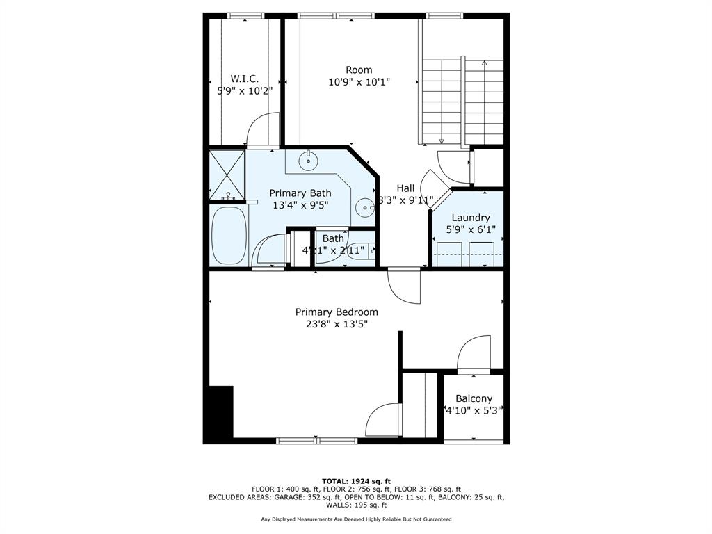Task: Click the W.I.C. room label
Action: (x=245, y=79)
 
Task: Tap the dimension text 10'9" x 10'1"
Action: (x=359, y=82)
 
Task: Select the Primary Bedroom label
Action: (x=337, y=312)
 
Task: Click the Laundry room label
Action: (x=471, y=218)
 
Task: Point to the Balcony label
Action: (x=474, y=398)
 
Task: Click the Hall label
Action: (x=405, y=188)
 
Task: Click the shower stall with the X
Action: (x=227, y=173)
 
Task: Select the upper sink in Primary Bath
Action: (x=307, y=161)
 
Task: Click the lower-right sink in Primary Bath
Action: (x=364, y=207)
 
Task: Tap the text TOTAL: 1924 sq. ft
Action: (x=356, y=481)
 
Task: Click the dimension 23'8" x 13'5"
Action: (x=337, y=324)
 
